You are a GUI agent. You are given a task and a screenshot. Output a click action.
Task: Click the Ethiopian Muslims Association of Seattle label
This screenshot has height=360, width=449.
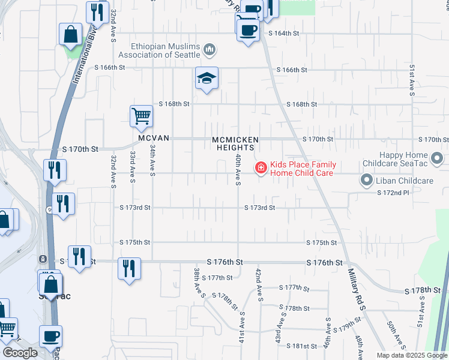click(158, 50)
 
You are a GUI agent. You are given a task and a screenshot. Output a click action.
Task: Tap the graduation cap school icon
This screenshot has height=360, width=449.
click(206, 79)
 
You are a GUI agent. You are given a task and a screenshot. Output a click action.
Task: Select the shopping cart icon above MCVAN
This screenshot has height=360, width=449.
click(140, 115)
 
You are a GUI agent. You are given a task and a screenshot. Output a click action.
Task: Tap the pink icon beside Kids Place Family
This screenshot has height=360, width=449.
click(261, 167)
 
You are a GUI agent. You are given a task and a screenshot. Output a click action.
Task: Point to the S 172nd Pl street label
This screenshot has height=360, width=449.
click(393, 192)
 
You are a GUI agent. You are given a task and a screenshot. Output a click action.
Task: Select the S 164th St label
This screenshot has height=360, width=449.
click(283, 33)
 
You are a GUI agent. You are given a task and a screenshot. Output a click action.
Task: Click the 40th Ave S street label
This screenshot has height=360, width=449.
click(238, 169)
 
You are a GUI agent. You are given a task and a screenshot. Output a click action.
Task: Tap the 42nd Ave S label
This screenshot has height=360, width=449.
click(259, 285)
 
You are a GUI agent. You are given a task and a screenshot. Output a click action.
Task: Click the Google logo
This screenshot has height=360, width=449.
click(20, 353)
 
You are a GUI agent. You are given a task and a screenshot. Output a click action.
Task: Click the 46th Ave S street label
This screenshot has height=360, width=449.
click(328, 332)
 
